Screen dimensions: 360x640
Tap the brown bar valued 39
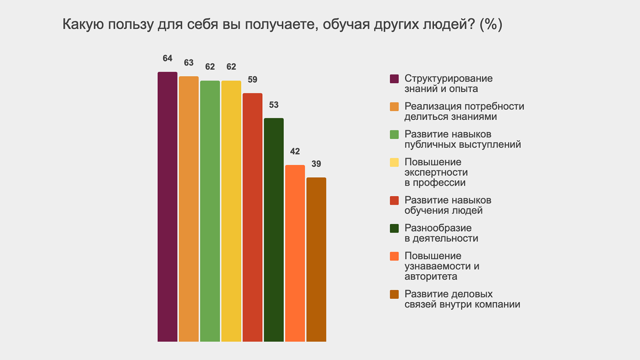[316, 259]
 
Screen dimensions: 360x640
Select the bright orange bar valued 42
[295, 253]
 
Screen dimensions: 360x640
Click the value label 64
[167, 59]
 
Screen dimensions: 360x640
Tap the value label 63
[189, 63]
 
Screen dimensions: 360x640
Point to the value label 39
[316, 164]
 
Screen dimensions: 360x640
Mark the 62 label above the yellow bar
[231, 67]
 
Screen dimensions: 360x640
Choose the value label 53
[274, 105]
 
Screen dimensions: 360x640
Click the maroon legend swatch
[394, 79]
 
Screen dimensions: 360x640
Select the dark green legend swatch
[394, 228]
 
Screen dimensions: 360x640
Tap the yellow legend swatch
[394, 163]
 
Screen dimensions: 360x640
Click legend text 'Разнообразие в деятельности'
[441, 233]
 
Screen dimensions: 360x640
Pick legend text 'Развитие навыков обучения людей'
[448, 205]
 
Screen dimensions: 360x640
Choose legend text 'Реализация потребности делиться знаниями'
[464, 111]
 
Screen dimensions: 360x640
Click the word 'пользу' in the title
[132, 25]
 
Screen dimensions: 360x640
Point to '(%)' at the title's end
[491, 25]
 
